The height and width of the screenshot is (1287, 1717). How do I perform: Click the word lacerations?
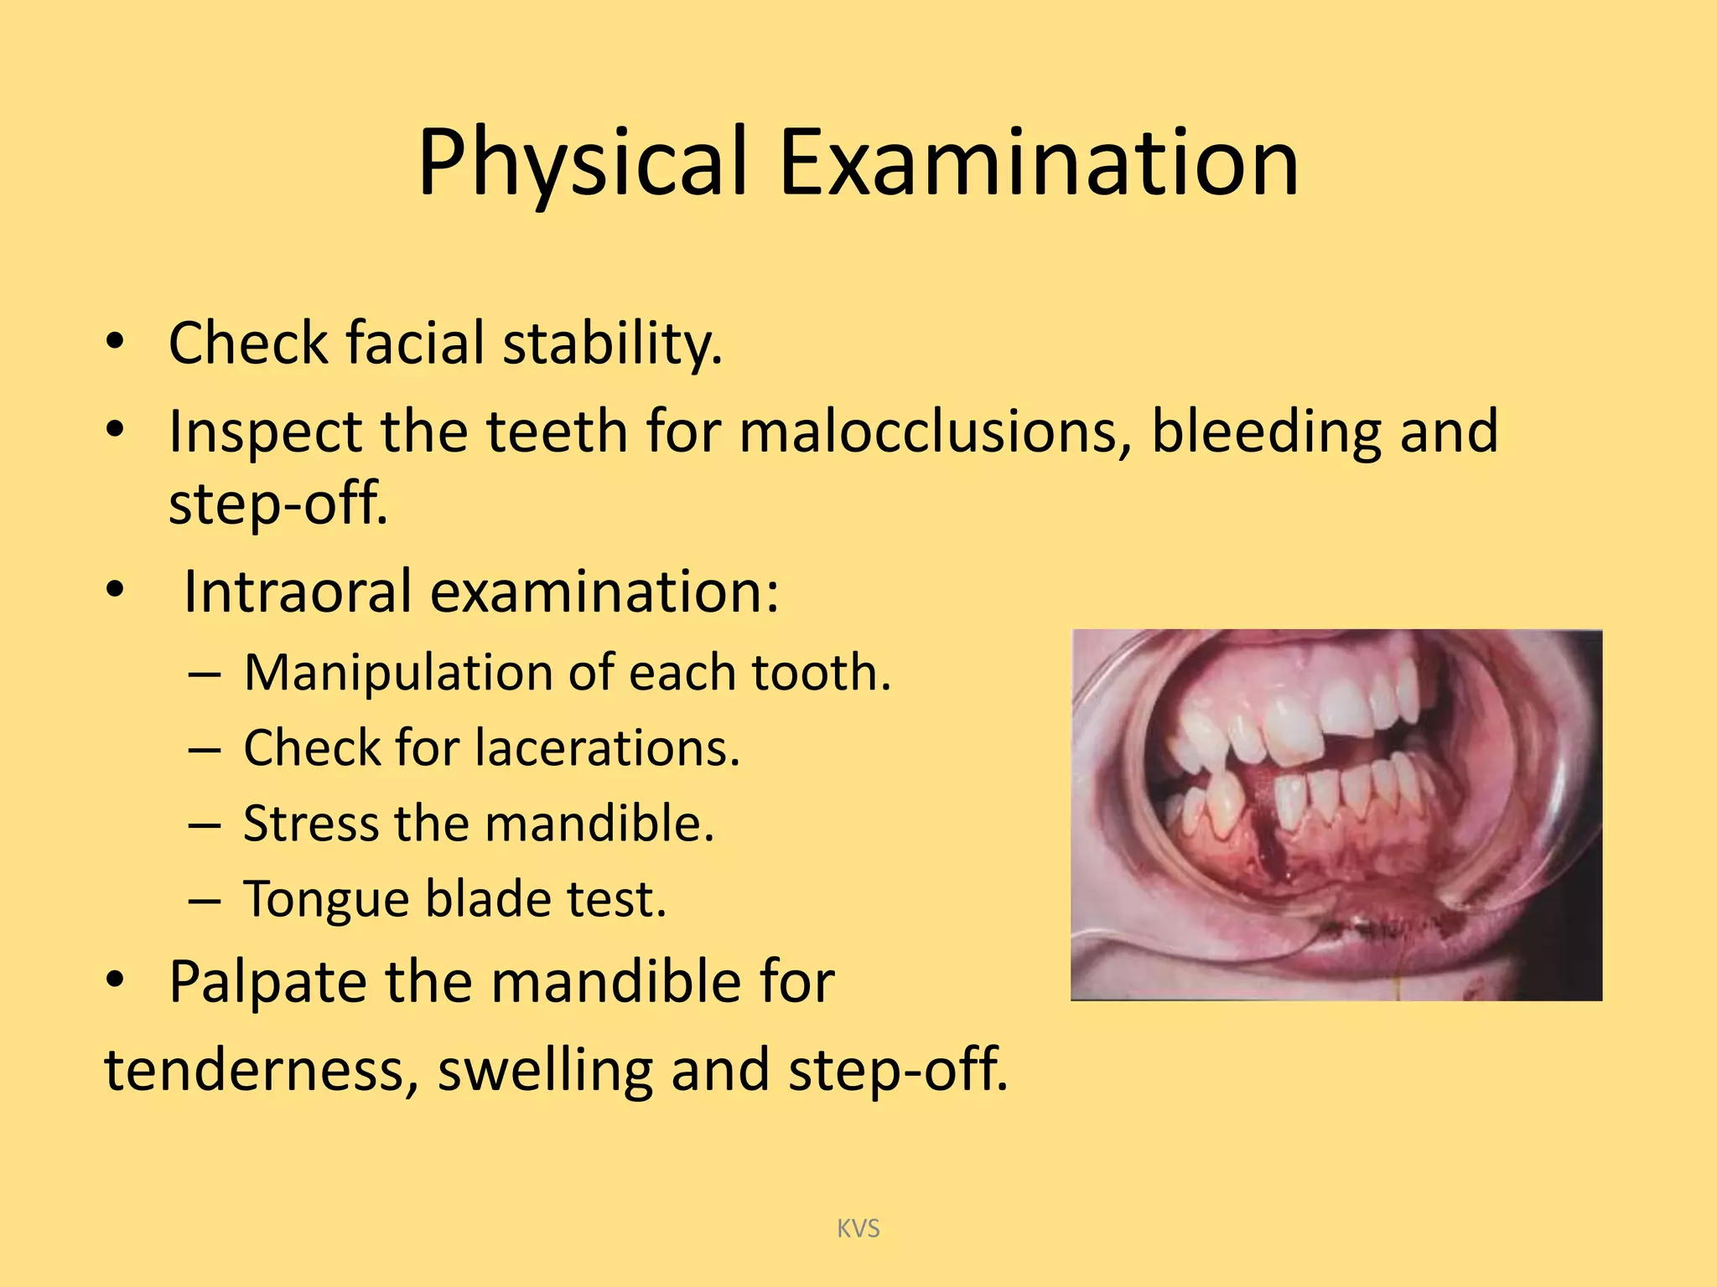[608, 747]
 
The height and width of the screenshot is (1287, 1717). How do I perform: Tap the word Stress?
[310, 823]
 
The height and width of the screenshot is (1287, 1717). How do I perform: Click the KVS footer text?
[858, 1228]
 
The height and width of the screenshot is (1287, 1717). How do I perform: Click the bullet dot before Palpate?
[115, 979]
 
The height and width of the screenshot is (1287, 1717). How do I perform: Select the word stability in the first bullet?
[612, 344]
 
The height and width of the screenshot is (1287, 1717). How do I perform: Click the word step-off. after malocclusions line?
[278, 504]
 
